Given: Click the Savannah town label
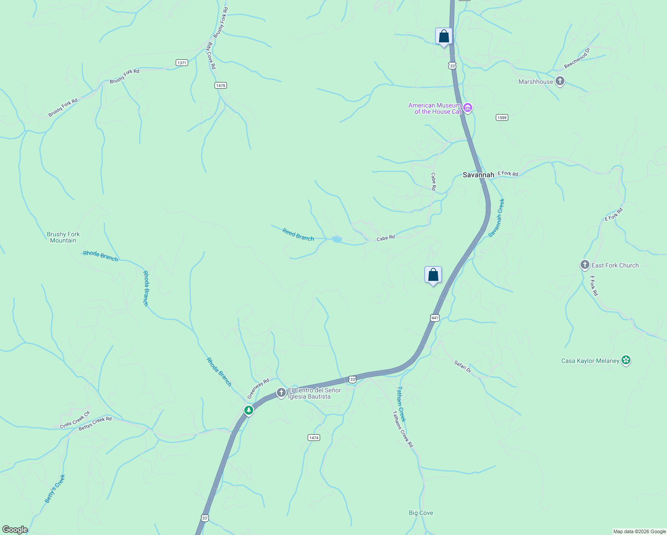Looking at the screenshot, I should (478, 175).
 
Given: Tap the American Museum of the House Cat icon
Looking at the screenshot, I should (468, 107).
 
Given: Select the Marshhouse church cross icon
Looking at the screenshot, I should (560, 82).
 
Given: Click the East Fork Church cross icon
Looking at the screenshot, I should (585, 265).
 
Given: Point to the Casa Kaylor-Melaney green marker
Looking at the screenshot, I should (626, 360).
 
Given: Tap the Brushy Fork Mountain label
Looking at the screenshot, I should (63, 237).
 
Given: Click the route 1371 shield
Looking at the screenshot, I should (181, 63).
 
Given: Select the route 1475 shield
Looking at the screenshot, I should (221, 85).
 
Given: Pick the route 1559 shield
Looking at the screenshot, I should (502, 117).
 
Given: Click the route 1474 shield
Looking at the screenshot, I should (314, 438).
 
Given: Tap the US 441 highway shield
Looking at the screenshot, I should (435, 318).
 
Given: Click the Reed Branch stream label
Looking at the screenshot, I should (298, 235).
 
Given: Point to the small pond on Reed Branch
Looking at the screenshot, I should (337, 239).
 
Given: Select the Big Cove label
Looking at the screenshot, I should (421, 513).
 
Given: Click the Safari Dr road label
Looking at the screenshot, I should (463, 366).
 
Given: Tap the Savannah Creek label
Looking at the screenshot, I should (496, 218).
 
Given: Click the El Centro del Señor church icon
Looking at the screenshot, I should (281, 393).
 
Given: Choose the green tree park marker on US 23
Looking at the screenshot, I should (249, 410).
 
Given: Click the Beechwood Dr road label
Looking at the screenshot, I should (577, 58).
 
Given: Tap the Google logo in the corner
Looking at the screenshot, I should (15, 530).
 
